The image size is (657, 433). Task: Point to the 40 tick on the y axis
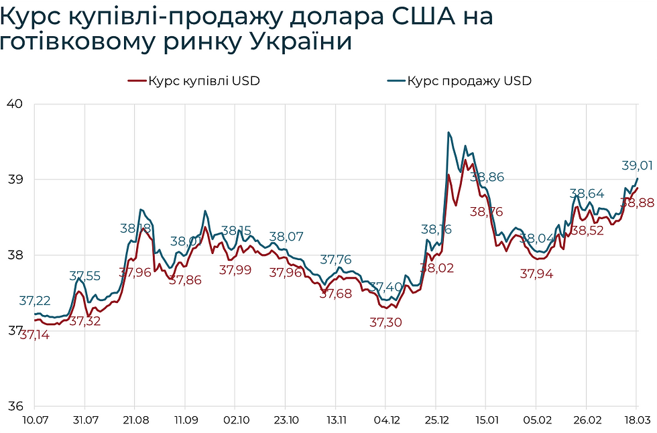coord(15,104)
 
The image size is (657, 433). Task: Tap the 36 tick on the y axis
coord(15,406)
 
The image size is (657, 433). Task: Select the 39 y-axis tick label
coord(15,180)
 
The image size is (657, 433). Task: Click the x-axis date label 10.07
coord(34,420)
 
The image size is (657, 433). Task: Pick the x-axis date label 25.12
coord(436,420)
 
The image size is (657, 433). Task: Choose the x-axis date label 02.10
coord(235,420)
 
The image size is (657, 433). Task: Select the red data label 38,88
coord(638,202)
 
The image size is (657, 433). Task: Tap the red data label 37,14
coord(34,334)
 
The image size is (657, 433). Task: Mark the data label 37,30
coord(386,322)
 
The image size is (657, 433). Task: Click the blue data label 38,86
coord(487,178)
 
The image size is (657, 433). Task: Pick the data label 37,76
coord(336,259)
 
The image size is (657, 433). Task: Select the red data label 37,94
coord(537,273)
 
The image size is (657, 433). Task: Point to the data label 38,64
coord(587,194)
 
